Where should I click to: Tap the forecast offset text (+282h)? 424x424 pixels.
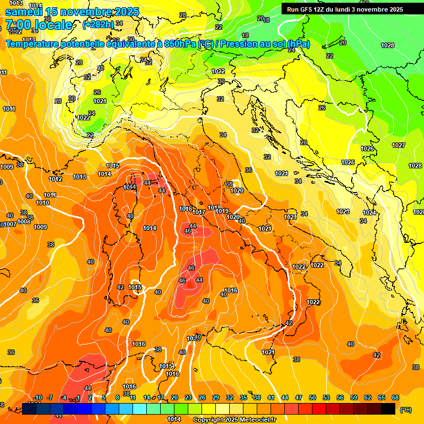(98, 24)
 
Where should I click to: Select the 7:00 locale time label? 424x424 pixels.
(39, 25)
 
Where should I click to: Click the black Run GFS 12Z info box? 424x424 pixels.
(345, 9)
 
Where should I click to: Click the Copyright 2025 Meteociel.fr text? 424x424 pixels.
(234, 420)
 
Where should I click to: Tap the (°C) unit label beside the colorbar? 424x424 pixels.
(405, 410)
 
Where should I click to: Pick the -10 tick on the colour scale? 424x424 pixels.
(38, 397)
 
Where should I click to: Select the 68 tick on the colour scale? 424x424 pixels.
(395, 397)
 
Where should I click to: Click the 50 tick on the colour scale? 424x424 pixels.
(312, 397)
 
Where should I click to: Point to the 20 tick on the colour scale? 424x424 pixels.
(174, 397)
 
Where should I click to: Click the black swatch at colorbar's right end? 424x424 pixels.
(388, 409)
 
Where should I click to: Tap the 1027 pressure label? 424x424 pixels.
(399, 145)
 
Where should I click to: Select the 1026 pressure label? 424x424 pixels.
(367, 149)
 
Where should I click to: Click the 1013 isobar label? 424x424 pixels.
(79, 177)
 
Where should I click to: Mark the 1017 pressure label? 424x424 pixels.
(199, 212)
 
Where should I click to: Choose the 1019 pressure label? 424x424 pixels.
(222, 211)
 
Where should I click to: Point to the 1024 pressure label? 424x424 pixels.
(369, 213)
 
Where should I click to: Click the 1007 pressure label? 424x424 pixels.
(10, 224)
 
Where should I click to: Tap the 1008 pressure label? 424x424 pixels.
(24, 221)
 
